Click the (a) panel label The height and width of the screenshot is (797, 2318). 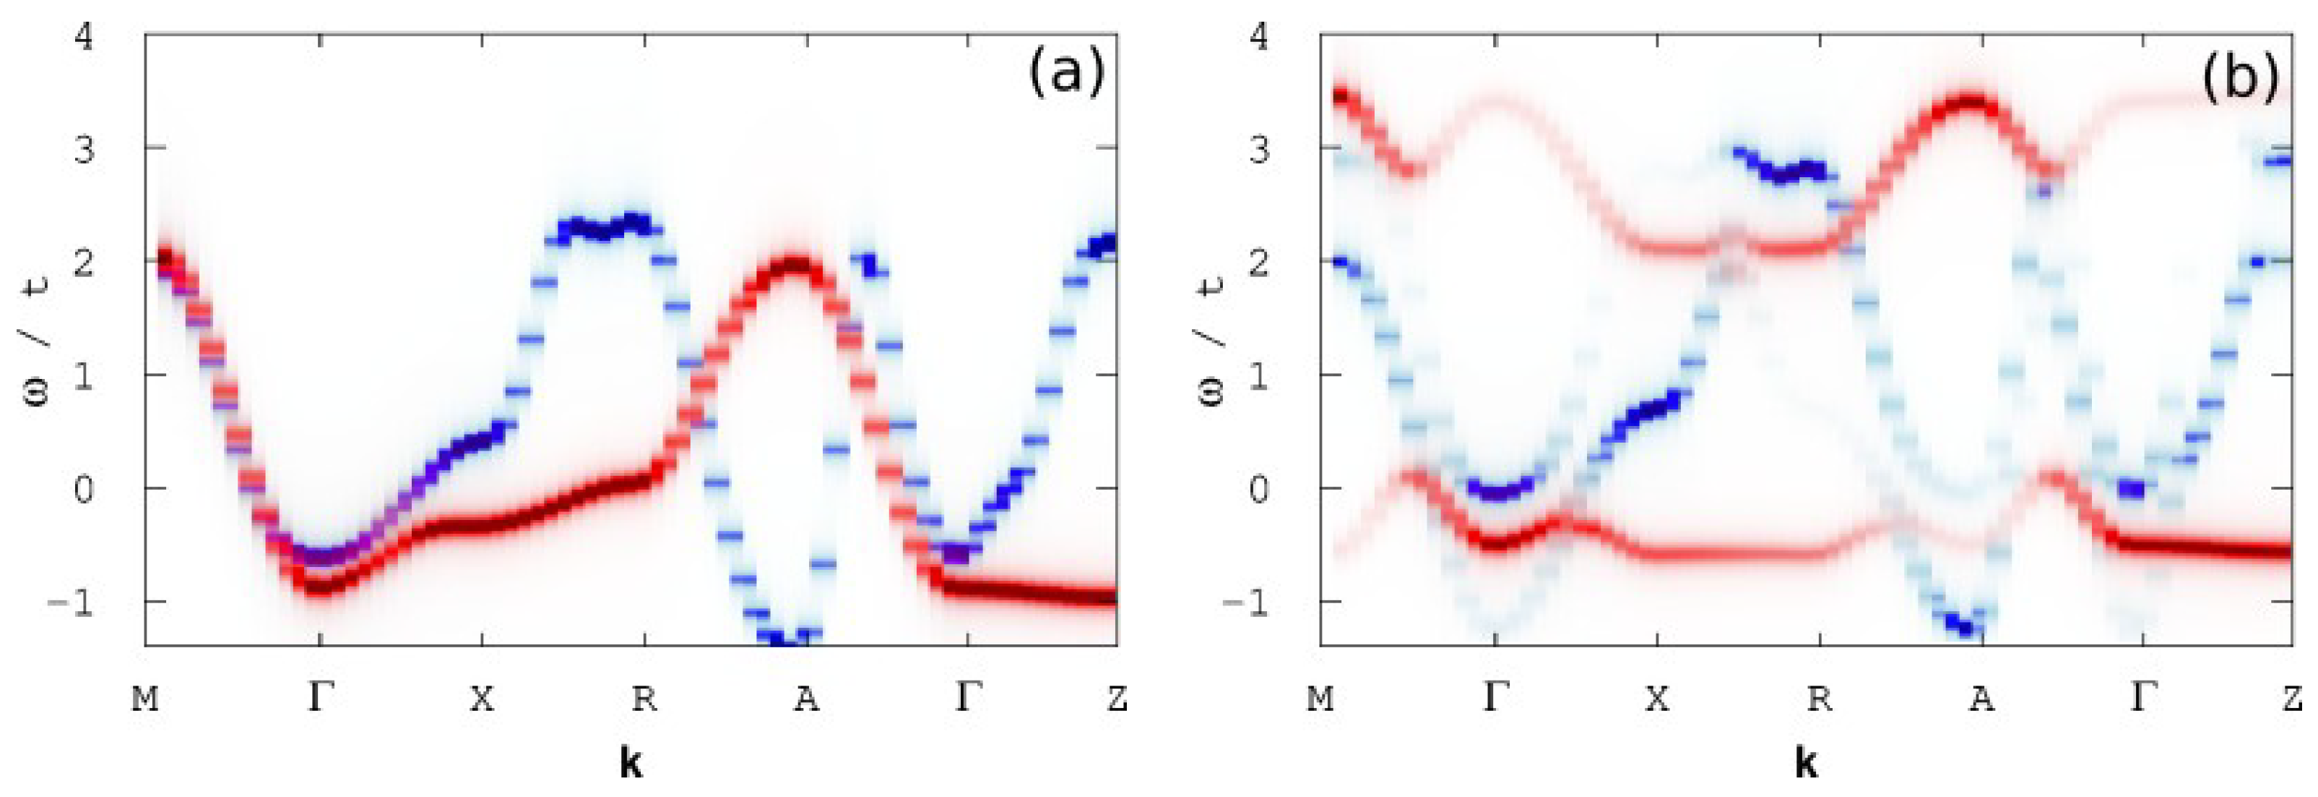click(1066, 73)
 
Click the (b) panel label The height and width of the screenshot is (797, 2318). click(2241, 77)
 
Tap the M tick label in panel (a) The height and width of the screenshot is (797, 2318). click(145, 698)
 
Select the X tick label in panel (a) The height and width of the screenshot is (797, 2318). click(483, 698)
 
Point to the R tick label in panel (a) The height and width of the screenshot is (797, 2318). click(644, 698)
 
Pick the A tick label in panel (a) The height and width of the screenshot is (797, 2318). click(806, 698)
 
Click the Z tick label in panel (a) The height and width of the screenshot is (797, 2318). click(1117, 698)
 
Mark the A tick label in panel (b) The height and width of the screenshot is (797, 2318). click(1981, 698)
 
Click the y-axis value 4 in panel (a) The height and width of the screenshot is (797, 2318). click(84, 38)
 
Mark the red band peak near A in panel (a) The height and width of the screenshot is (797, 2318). click(795, 267)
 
